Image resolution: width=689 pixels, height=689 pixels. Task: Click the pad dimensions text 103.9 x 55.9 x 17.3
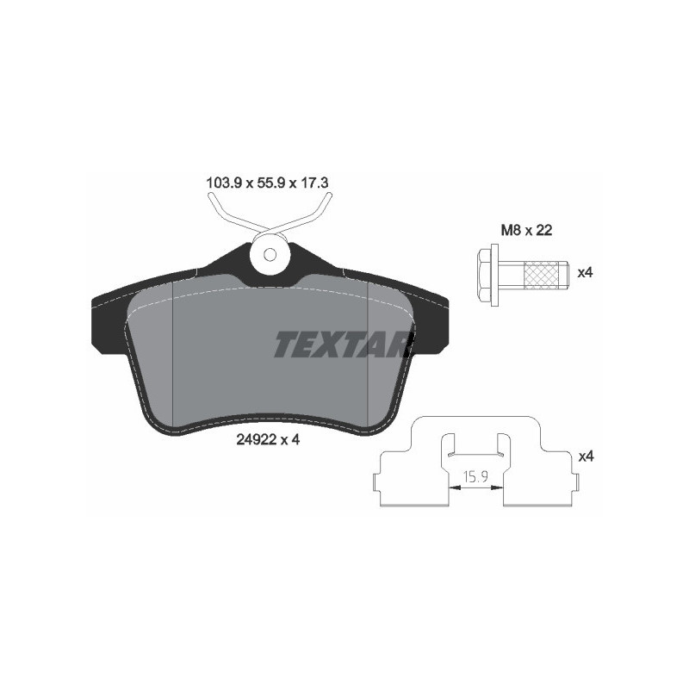click(269, 183)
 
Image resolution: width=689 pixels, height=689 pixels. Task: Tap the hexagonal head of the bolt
click(484, 273)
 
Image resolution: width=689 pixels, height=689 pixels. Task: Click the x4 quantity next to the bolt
click(586, 273)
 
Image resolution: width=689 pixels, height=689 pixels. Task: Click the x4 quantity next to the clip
click(586, 456)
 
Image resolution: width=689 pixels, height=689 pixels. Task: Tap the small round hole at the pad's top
click(270, 255)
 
